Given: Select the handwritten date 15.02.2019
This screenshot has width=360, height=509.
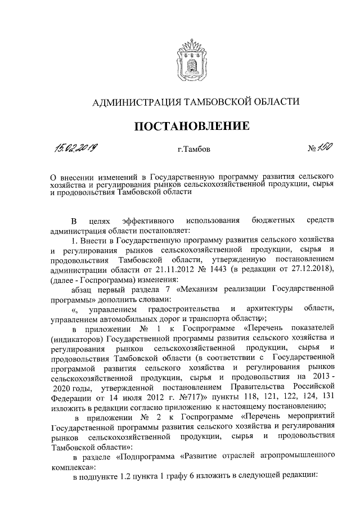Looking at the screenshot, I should coord(74,149).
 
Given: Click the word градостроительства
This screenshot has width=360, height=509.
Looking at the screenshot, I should coord(183,308).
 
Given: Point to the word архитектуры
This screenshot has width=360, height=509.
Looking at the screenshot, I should coord(268,308).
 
